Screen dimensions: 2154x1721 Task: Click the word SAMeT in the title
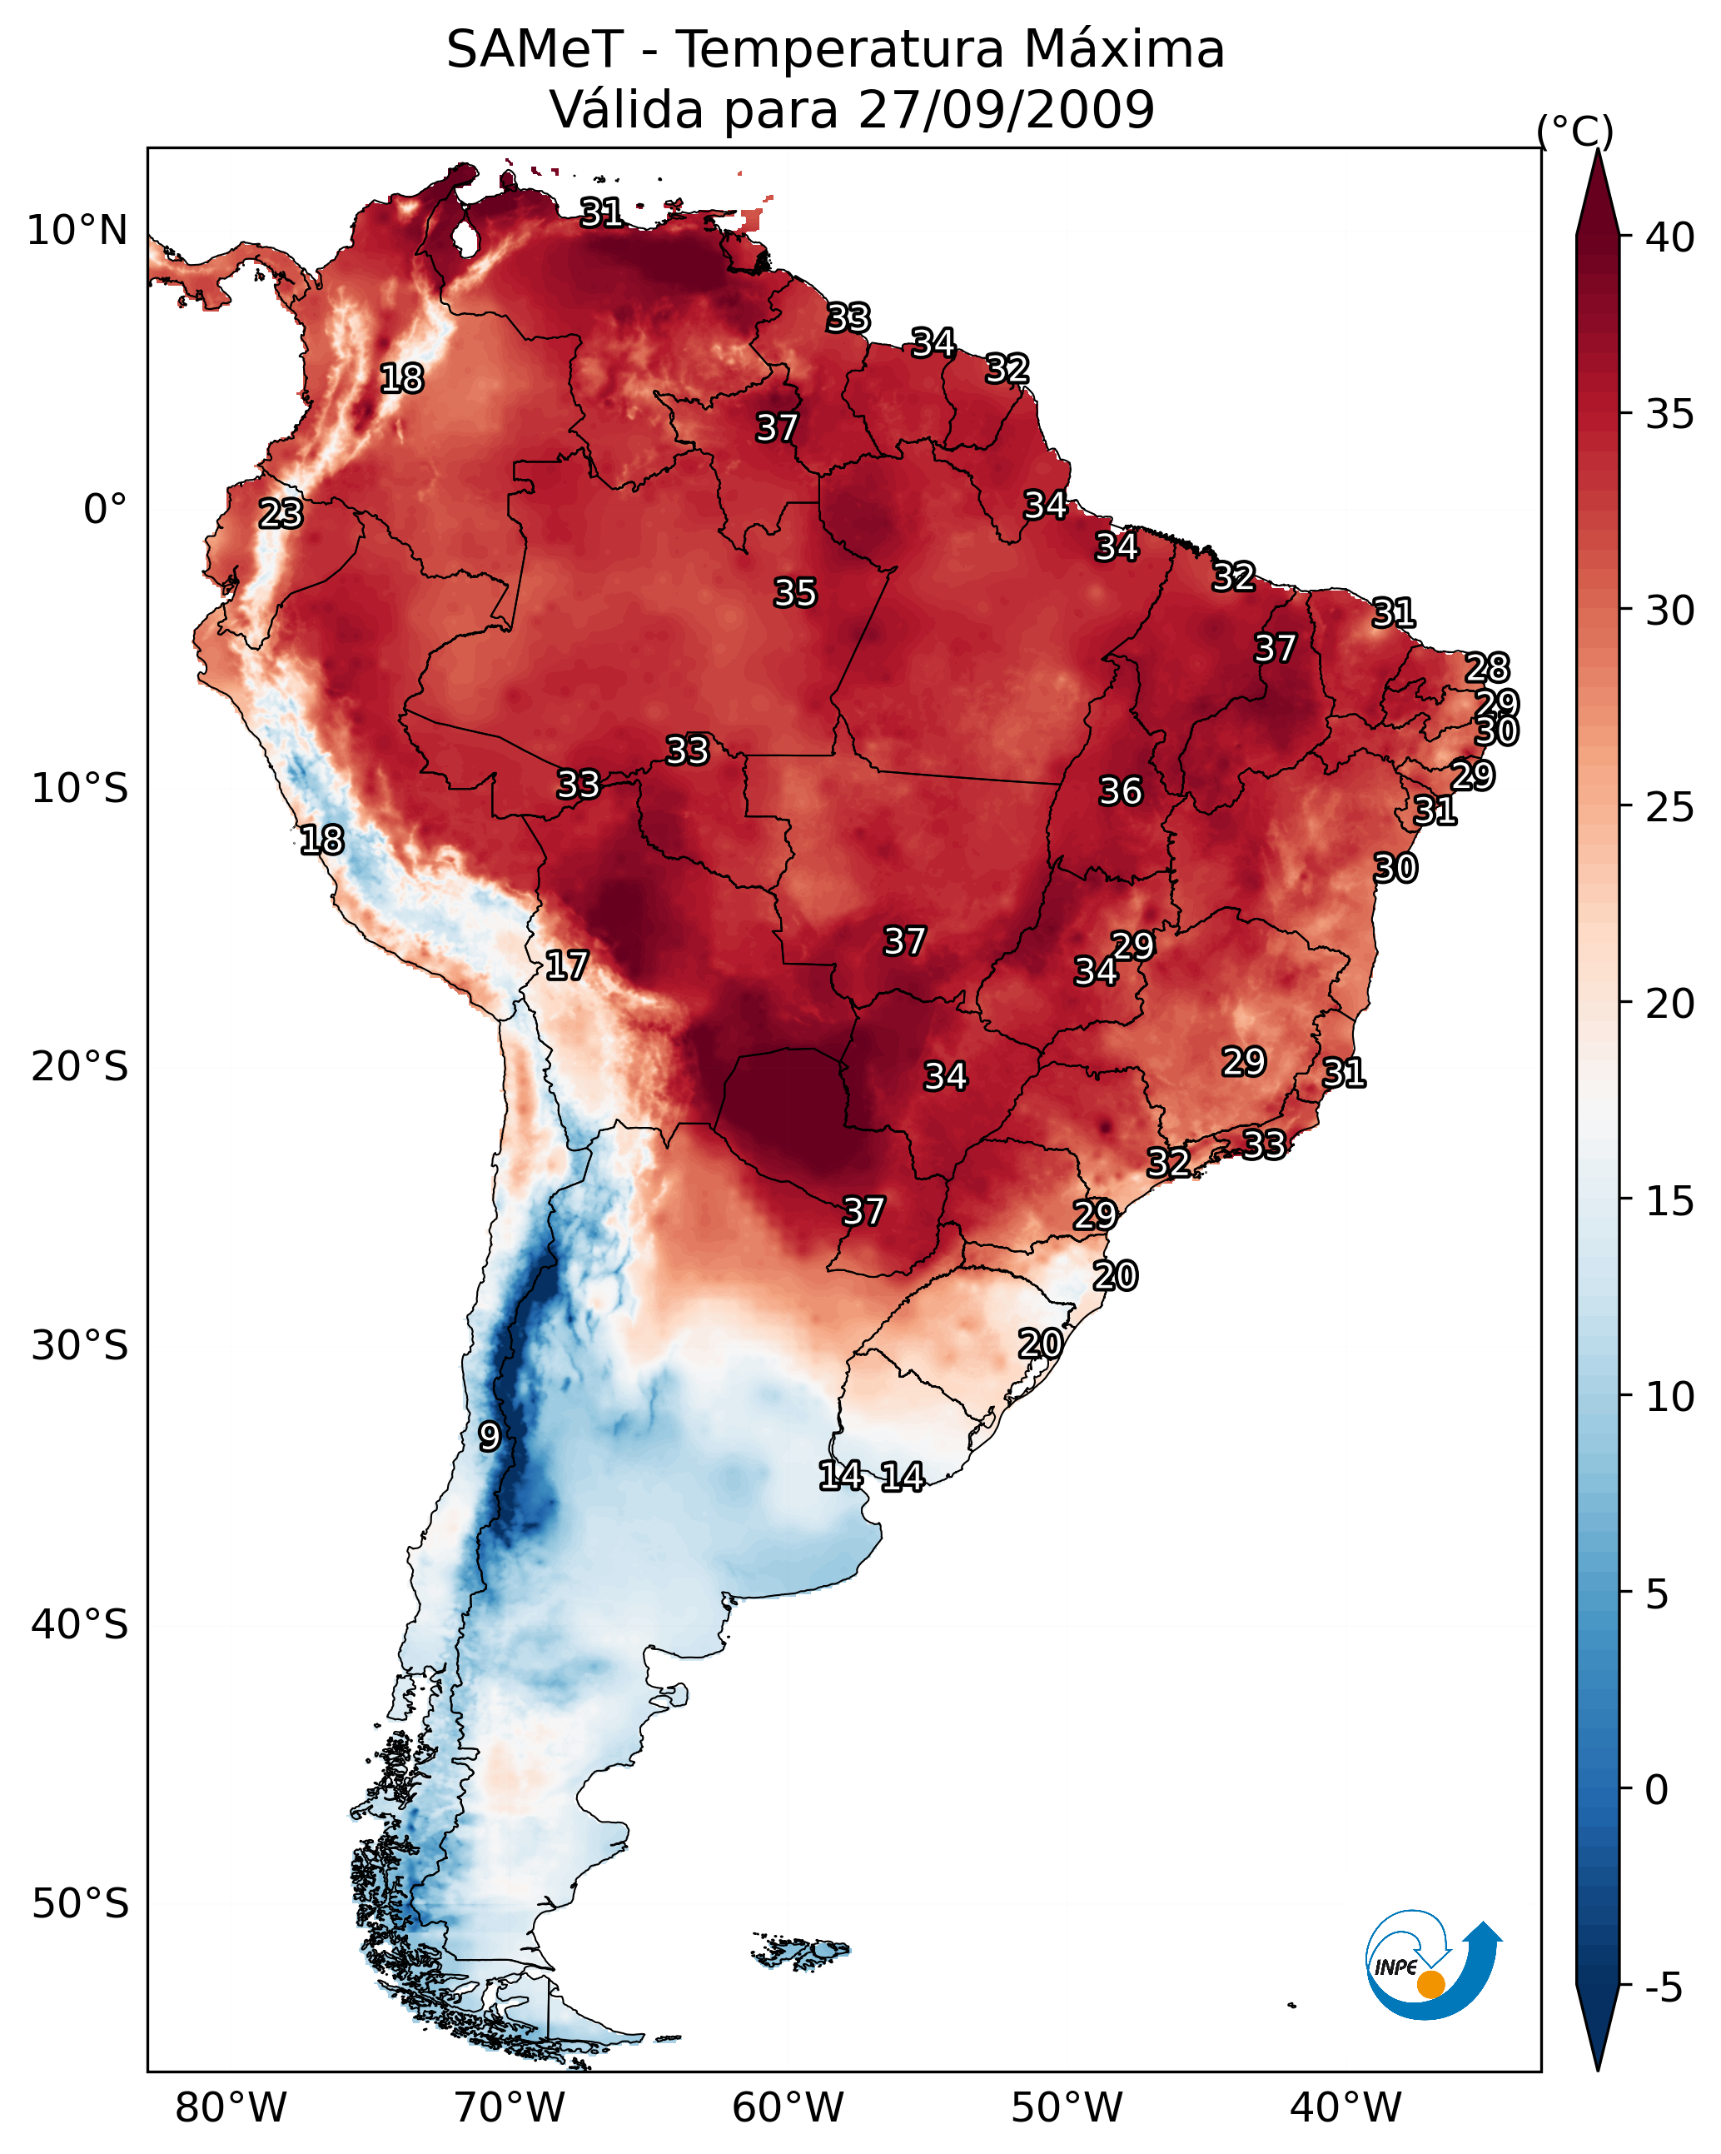coord(535,50)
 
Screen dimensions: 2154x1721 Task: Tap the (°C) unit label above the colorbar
coord(1574,131)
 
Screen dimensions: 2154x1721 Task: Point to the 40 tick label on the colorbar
coord(1670,237)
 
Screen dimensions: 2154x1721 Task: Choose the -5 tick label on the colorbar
coord(1663,1987)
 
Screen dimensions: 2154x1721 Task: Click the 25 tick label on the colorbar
coord(1670,807)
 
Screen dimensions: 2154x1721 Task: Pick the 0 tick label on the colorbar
coord(1656,1790)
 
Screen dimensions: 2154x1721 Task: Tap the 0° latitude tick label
coord(105,510)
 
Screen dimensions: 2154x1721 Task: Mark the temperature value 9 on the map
coord(489,1436)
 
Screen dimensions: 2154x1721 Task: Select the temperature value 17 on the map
coord(566,965)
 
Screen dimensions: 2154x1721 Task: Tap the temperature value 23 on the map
coord(281,514)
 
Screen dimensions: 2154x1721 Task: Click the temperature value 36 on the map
coord(1120,791)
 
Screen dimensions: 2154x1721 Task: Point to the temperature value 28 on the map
coord(1486,667)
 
